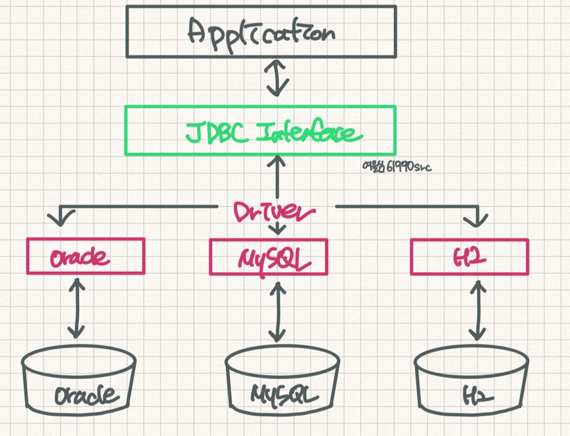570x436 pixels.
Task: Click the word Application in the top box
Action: pyautogui.click(x=261, y=32)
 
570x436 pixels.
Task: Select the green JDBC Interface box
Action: pyautogui.click(x=260, y=130)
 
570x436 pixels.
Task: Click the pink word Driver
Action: pyautogui.click(x=275, y=211)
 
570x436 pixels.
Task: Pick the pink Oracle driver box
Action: pyautogui.click(x=85, y=256)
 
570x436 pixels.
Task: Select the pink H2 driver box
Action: pyautogui.click(x=469, y=256)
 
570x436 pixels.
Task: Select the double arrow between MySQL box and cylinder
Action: pyautogui.click(x=276, y=310)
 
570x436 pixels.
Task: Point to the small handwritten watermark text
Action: pyautogui.click(x=396, y=167)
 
